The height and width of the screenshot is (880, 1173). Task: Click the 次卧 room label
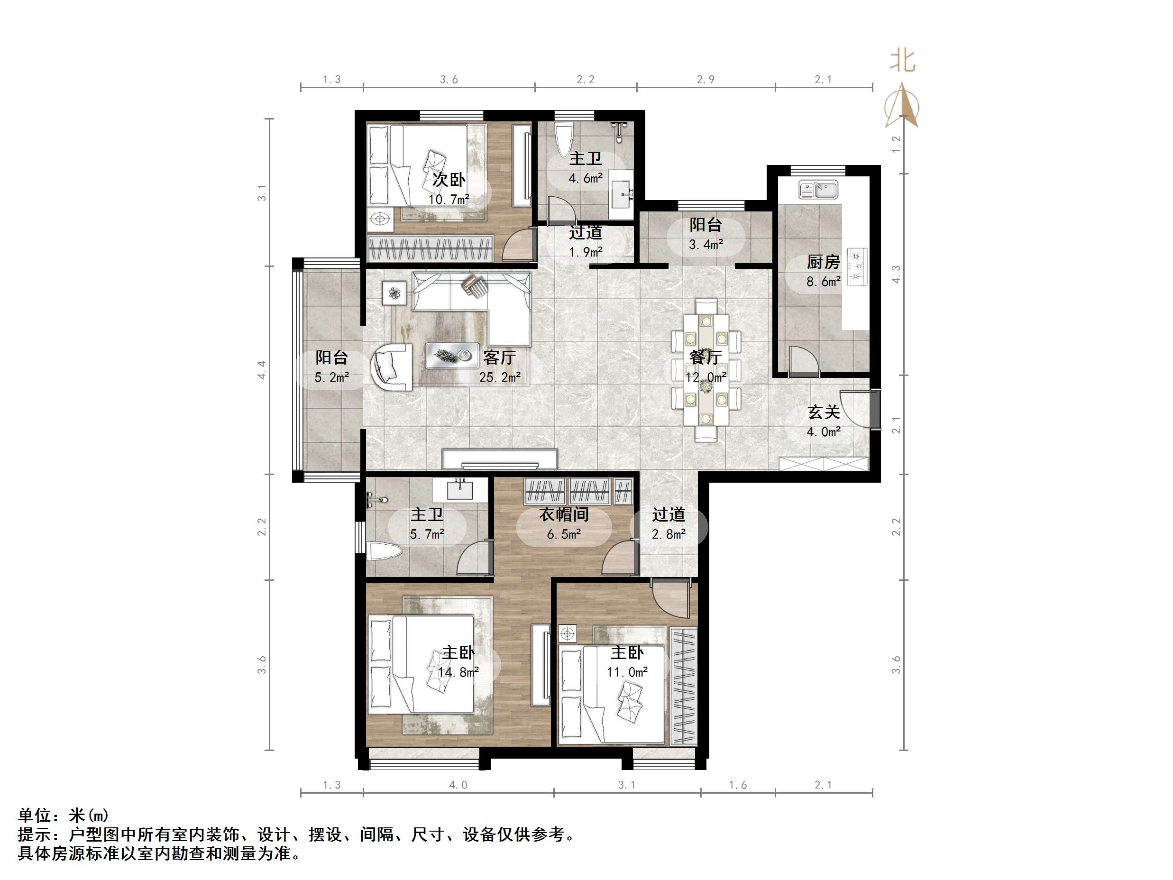(449, 180)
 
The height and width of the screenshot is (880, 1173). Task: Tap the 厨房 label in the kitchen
(823, 262)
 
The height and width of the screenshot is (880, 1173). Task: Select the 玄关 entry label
(823, 412)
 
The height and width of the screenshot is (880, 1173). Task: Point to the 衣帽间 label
(564, 514)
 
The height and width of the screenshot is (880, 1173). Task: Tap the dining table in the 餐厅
(706, 370)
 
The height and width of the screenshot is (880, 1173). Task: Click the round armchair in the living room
(393, 367)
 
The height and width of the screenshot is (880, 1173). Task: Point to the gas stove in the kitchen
(856, 267)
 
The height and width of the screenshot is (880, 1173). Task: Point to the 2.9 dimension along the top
(706, 80)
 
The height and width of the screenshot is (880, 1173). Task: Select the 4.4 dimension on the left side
(261, 370)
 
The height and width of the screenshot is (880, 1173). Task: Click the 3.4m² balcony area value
(706, 245)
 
